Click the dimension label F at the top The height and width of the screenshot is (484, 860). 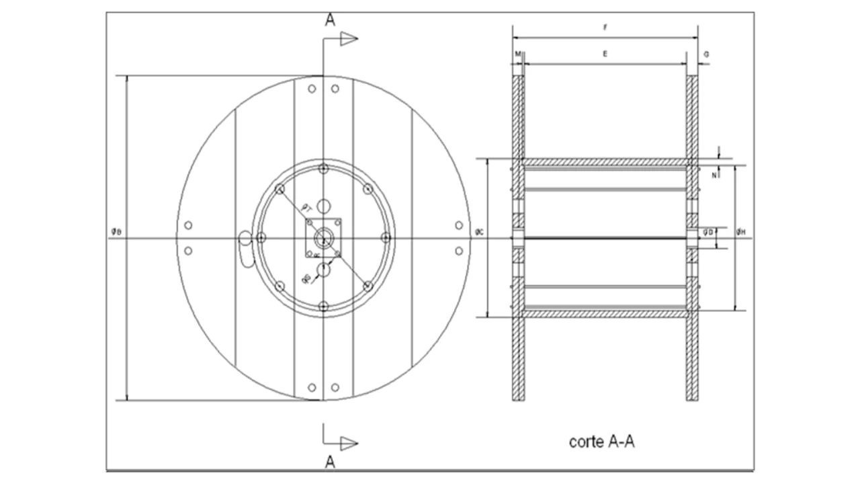[x=605, y=28]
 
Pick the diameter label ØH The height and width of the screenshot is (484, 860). [x=740, y=232]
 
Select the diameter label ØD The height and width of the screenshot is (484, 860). [x=707, y=232]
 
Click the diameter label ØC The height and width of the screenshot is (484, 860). [x=479, y=232]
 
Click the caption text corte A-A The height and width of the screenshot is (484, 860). [x=602, y=442]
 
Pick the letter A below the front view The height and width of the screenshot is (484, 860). [x=330, y=461]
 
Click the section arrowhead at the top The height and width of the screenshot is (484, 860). [x=348, y=39]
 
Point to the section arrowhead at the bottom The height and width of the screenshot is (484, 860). [x=348, y=442]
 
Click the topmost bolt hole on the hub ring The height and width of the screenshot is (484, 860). [x=323, y=169]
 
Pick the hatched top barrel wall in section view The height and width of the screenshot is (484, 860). [x=605, y=163]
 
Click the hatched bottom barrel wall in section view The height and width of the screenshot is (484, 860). [x=605, y=313]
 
